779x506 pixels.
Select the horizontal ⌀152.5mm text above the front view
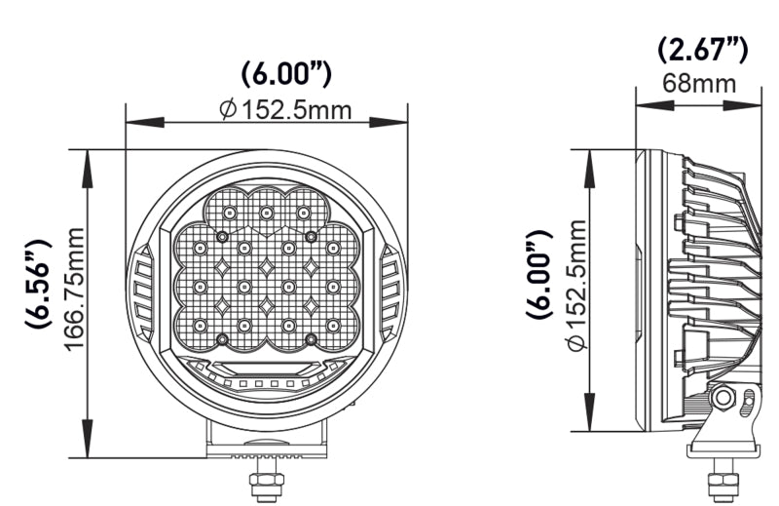(x=285, y=109)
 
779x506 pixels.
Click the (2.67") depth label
(x=701, y=48)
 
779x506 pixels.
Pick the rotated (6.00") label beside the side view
(x=538, y=276)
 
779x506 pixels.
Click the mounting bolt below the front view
(x=263, y=483)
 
